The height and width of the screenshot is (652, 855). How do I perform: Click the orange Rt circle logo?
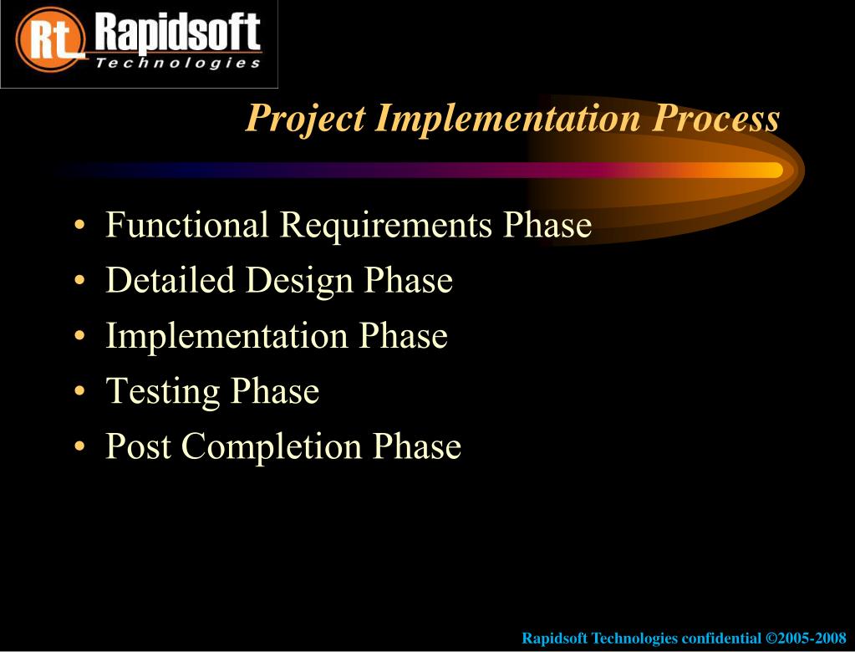click(50, 39)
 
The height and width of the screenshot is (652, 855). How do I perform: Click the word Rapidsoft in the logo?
click(177, 33)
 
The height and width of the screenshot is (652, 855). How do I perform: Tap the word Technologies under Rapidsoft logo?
click(178, 63)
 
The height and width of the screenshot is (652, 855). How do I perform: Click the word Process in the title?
click(715, 117)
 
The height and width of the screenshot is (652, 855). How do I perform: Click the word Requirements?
click(385, 225)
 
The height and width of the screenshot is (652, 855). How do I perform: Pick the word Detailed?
click(170, 279)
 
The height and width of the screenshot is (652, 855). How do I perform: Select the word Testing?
click(162, 391)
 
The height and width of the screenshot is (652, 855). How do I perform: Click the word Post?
click(138, 446)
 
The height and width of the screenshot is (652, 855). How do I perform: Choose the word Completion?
click(272, 446)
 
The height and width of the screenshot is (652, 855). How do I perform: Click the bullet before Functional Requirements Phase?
click(79, 225)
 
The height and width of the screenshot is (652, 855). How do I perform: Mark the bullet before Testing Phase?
click(79, 391)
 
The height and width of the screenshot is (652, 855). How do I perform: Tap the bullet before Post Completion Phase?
click(79, 446)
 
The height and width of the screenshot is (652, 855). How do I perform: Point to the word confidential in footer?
click(721, 638)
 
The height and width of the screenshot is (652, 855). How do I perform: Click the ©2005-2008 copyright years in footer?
click(806, 638)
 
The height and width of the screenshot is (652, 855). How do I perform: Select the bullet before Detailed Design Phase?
click(79, 280)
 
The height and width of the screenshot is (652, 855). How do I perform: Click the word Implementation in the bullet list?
click(226, 336)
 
